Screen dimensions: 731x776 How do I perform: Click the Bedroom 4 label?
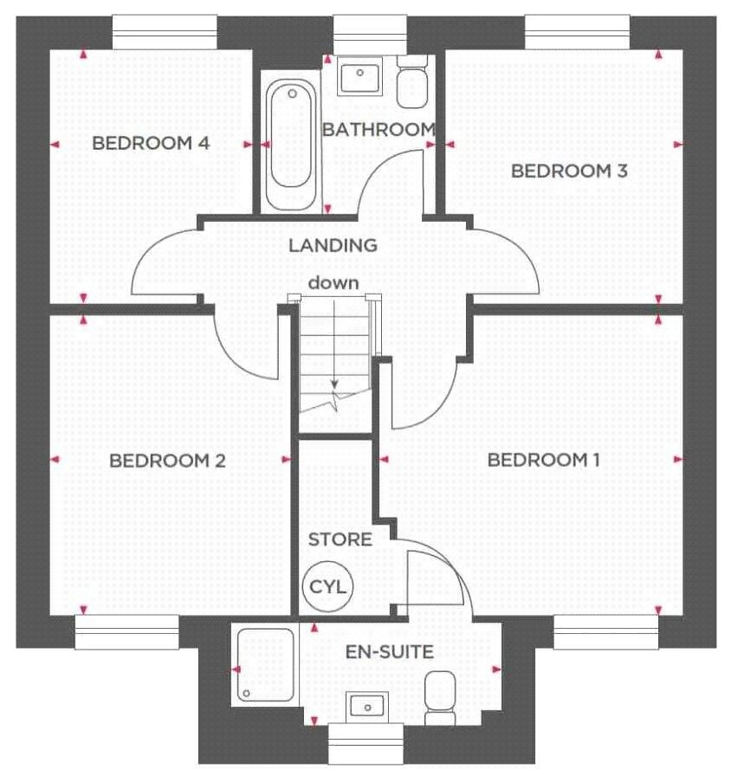[x=151, y=143]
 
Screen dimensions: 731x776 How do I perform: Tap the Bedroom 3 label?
[x=569, y=171]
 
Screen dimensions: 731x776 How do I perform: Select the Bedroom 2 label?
[x=167, y=461]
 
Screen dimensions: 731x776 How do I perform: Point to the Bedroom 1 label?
[x=543, y=460]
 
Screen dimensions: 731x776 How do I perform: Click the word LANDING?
[x=333, y=245]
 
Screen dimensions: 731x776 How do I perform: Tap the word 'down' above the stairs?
[x=333, y=283]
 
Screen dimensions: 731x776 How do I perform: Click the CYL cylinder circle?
[x=327, y=586]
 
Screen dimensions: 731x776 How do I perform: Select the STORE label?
[x=340, y=539]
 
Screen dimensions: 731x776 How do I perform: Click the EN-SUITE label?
[x=390, y=652]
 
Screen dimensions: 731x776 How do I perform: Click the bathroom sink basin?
[x=359, y=75]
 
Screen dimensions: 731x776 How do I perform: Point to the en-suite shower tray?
[x=266, y=664]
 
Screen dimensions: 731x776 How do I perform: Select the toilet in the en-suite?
[x=440, y=698]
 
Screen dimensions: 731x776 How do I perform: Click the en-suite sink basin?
[x=366, y=706]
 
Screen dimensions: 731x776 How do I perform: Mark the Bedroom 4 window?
[x=165, y=33]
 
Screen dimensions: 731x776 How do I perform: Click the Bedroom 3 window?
[x=577, y=33]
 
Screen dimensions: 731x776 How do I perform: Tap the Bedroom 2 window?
[x=126, y=632]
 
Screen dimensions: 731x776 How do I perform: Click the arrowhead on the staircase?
[x=334, y=383]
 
